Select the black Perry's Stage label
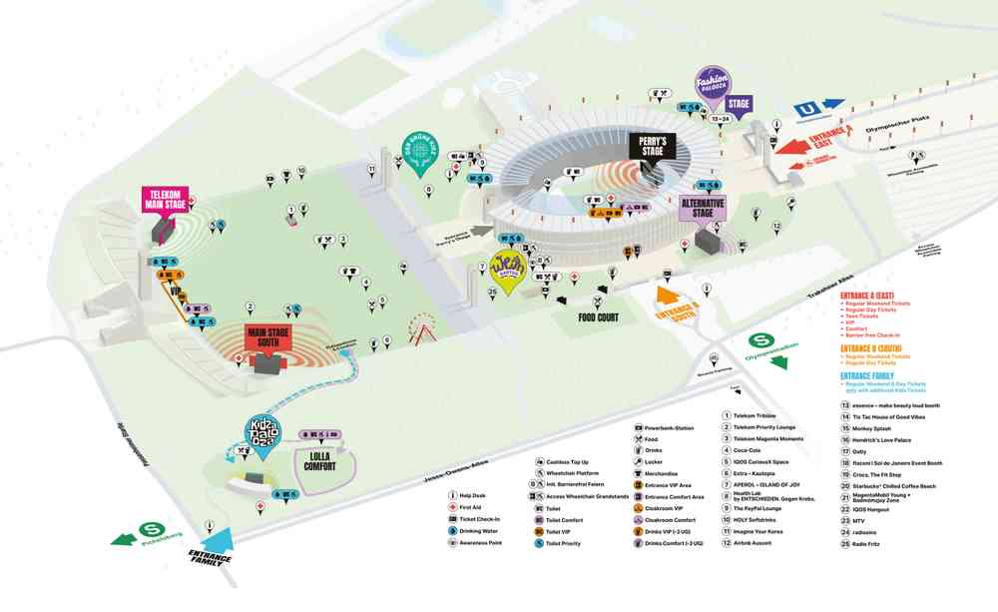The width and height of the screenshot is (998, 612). pos(653,146)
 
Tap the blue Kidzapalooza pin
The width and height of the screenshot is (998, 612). pos(261,432)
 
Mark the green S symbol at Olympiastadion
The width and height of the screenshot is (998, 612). pos(757,341)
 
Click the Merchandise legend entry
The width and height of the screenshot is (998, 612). pos(662,473)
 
